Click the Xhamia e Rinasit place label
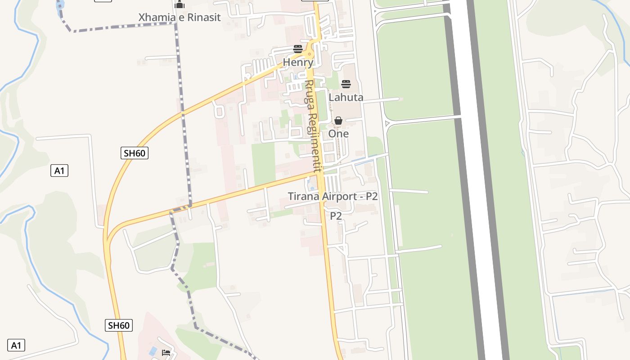click(x=180, y=18)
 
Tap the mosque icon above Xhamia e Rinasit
click(x=180, y=5)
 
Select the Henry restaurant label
click(x=297, y=63)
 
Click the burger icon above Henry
click(x=298, y=49)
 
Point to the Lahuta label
click(x=346, y=97)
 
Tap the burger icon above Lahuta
click(x=346, y=84)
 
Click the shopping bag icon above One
click(x=338, y=121)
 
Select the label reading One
click(x=338, y=134)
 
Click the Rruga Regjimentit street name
click(x=312, y=126)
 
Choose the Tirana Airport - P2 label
click(x=333, y=197)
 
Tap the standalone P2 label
click(x=336, y=216)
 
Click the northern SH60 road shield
click(x=135, y=153)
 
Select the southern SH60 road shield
click(x=119, y=325)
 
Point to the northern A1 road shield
click(x=59, y=171)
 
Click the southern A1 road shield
click(x=16, y=346)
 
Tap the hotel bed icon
click(x=166, y=352)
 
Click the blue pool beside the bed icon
click(x=153, y=351)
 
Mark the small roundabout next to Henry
click(x=309, y=54)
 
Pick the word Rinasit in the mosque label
click(x=205, y=18)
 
